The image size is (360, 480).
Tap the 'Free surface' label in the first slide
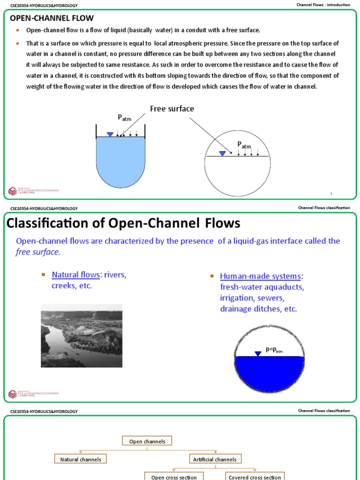[172, 109]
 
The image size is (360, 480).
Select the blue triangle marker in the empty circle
[222, 153]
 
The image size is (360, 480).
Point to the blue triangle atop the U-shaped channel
[110, 135]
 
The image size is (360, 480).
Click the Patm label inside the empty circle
[244, 144]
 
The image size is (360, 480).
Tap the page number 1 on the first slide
[331, 193]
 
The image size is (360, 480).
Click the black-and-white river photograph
[82, 336]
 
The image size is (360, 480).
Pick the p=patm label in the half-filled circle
[274, 350]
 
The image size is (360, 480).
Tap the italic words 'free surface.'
[38, 252]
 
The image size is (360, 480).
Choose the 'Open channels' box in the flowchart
[147, 441]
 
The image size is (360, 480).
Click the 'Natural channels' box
[81, 459]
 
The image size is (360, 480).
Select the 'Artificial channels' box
[215, 459]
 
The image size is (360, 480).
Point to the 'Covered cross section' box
[255, 477]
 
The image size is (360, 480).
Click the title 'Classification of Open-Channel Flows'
[123, 223]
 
